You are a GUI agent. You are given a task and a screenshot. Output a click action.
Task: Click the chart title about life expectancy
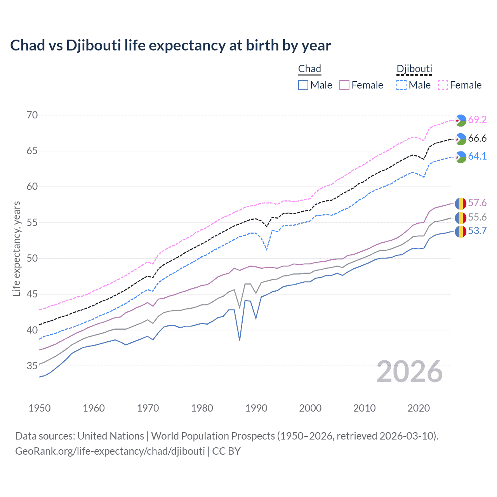point(170,45)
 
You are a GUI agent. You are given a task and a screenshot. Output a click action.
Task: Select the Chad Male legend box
point(303,85)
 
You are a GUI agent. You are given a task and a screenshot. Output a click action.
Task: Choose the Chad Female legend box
point(344,85)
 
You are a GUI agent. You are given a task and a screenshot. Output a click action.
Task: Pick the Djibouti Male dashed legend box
point(401,85)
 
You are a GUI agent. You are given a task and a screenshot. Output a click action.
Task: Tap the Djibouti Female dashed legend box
point(443,85)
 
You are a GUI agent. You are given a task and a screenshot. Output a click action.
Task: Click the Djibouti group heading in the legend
point(414,69)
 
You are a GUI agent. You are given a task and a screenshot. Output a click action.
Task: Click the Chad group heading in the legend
point(309,69)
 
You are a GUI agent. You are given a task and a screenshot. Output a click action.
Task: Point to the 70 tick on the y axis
point(32,115)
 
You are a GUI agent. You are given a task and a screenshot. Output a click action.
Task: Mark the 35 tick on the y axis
point(32,366)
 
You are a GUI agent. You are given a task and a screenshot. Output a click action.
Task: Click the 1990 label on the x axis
point(256,408)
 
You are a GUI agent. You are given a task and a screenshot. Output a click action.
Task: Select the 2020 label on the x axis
point(419,408)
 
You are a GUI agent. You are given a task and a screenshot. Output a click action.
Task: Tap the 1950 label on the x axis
point(40,408)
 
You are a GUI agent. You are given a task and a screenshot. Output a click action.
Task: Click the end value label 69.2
point(477,120)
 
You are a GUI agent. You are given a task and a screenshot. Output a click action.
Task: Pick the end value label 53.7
point(477,231)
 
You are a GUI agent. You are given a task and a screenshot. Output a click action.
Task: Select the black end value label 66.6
point(477,139)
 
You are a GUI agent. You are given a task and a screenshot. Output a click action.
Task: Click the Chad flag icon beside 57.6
point(461,203)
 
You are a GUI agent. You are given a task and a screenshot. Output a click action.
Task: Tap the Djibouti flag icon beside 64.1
point(461,157)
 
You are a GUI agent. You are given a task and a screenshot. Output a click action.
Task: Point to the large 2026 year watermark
point(410,372)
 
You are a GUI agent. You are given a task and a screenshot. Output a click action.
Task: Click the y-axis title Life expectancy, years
point(17,248)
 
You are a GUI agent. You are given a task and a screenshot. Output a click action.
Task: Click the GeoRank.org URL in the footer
point(110,451)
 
